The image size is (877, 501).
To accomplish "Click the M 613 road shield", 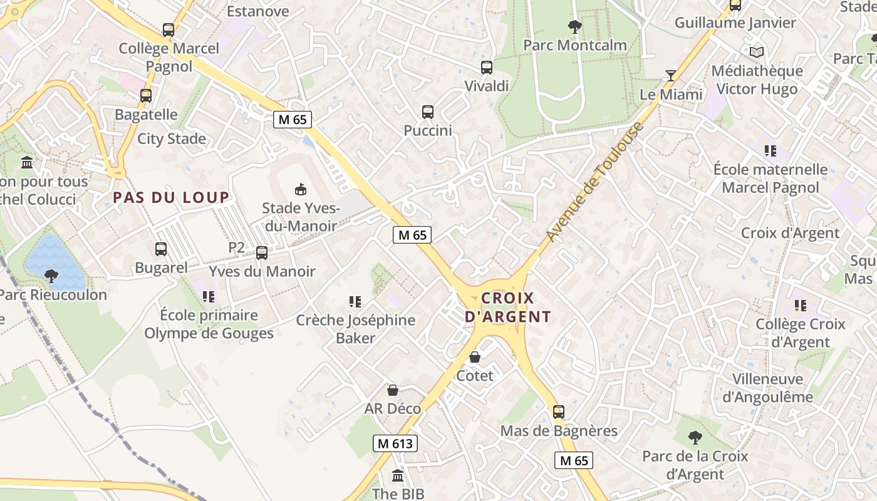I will coord(395,443).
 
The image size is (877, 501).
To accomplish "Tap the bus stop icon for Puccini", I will coord(428,112).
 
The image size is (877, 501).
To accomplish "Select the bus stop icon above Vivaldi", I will coord(487,68).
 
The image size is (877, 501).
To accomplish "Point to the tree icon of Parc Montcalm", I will coord(574,26).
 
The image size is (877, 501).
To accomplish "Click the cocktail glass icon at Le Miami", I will coord(671,76).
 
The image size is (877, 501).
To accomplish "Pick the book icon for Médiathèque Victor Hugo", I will coord(757,52).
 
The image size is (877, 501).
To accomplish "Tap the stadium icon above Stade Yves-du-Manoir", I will coord(301,189).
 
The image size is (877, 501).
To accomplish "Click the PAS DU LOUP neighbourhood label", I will coord(171,198).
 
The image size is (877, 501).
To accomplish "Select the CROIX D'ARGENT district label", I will coord(508,307).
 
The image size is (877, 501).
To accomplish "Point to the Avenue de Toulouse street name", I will coord(594,182).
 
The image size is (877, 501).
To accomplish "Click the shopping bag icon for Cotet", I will coord(475,357).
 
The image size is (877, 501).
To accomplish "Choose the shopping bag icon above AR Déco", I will coord(393,390).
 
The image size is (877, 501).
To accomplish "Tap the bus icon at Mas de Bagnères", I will coord(559,412).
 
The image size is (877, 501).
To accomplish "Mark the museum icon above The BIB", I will coord(398,476).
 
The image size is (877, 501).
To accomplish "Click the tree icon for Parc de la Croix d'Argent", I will coord(695,437).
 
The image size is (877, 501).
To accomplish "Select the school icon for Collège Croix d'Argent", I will coord(800,306).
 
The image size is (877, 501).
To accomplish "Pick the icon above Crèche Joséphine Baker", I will coord(355,302).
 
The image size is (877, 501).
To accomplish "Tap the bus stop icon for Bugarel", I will coord(161,249).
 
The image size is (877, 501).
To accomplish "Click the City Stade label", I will coord(172,139).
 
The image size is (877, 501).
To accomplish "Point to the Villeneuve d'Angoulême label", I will coord(767,388).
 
